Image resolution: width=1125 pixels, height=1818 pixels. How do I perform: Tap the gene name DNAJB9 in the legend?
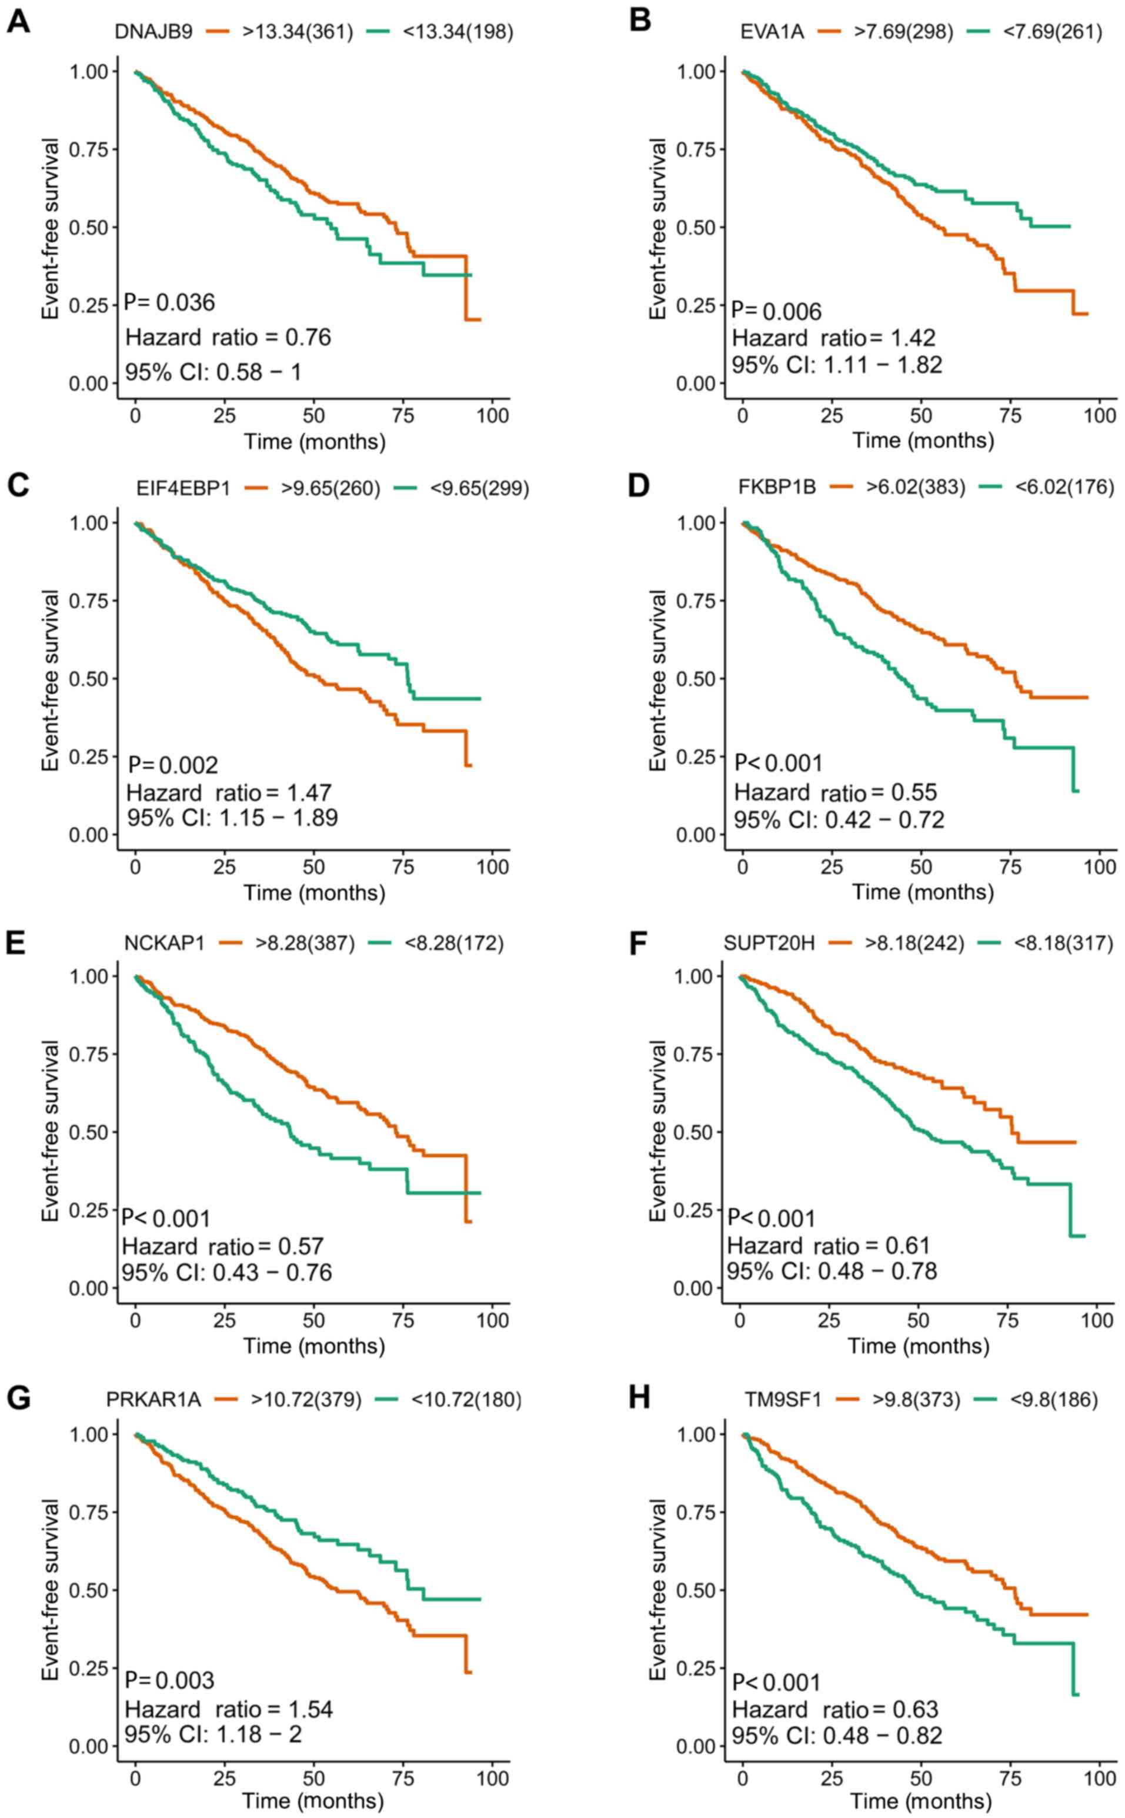pos(154,32)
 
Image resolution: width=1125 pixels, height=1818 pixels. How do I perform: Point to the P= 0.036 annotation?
pos(169,303)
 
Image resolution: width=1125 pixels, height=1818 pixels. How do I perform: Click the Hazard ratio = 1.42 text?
pos(834,338)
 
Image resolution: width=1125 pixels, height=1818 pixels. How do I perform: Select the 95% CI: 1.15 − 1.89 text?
pos(232,818)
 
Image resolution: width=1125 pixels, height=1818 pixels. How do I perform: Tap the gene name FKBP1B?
pos(777,488)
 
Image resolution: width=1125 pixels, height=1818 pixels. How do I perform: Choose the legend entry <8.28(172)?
pos(454,943)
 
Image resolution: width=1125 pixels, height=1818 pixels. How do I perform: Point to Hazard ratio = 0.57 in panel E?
pos(223,1246)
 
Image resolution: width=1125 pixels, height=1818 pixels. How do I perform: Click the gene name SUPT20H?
pos(769,943)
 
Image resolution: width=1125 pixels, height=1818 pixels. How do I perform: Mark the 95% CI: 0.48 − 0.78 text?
pos(832,1271)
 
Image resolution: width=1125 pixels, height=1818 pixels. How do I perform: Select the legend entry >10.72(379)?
pos(306,1400)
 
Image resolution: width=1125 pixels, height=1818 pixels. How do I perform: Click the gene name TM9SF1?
pos(783,1400)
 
